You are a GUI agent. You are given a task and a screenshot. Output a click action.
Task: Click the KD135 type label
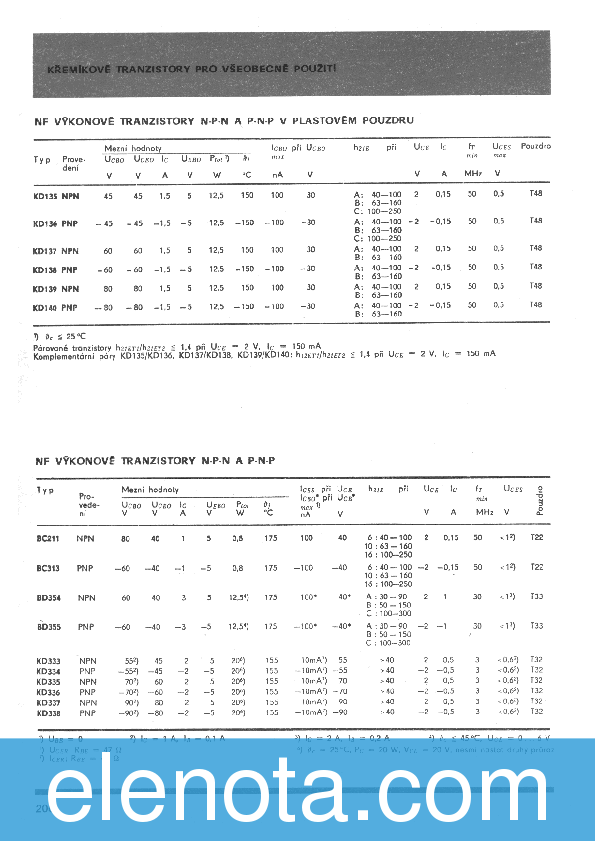click(x=45, y=196)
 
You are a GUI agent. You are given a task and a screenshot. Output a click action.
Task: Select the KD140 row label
click(x=45, y=306)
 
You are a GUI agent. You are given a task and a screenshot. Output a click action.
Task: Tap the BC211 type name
click(x=47, y=538)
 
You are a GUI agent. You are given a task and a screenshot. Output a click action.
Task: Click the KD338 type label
click(x=47, y=714)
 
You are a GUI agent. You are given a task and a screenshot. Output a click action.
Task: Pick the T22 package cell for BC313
click(x=537, y=567)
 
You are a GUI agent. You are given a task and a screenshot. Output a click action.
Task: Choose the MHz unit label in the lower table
click(x=485, y=512)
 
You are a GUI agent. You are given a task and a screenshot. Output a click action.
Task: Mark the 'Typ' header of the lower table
click(x=45, y=490)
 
